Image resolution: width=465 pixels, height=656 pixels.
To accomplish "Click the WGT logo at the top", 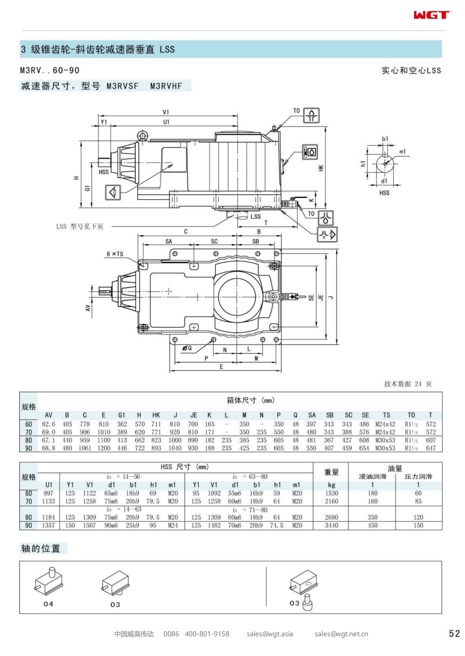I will point(432,15).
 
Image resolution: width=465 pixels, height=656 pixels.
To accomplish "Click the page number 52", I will point(454,633).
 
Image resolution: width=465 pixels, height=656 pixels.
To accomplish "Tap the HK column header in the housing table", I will point(156,415).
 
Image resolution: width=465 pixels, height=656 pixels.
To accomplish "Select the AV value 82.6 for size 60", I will point(48,424).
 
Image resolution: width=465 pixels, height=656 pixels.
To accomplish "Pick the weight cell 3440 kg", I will point(331,525).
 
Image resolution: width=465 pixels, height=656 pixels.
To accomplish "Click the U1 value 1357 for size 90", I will point(48,525).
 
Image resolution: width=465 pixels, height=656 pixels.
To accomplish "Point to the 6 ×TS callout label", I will point(115,254).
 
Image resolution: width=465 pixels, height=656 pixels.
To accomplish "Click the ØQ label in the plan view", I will point(187,348).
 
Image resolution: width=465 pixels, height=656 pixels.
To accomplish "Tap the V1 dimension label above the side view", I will point(166,112).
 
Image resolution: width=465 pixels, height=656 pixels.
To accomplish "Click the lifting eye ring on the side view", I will point(143,136).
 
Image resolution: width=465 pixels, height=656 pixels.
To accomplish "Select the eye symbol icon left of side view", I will point(113,193).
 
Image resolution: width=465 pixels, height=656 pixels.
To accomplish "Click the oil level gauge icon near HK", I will point(310,152).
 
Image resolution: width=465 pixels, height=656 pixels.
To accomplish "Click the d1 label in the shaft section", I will point(384,181).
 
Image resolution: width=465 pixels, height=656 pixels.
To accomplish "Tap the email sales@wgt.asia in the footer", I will point(270,634).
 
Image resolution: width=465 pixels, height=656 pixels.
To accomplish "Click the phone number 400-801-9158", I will point(207,634).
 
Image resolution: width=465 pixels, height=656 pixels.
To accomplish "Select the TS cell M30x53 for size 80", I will point(385,440).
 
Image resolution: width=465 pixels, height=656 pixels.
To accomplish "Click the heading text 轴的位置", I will point(41,548).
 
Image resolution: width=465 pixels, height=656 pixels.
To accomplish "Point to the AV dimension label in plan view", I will point(88,308).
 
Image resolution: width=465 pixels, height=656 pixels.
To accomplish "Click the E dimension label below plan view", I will point(221,367).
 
